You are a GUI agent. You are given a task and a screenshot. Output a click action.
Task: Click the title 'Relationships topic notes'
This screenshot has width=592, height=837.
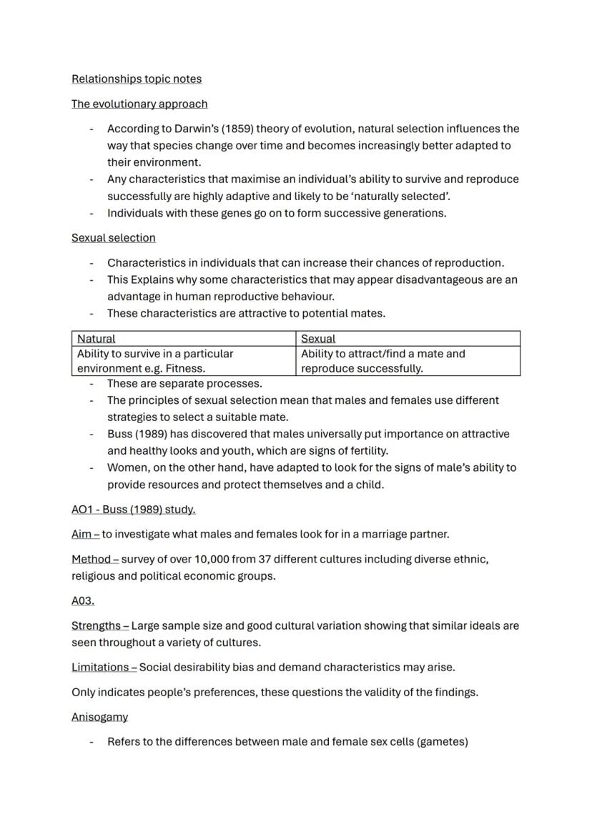click(137, 79)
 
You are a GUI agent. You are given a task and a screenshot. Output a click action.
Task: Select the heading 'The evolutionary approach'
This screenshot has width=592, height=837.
click(139, 104)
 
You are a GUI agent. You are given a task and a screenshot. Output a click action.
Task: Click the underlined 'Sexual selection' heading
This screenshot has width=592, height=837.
click(113, 237)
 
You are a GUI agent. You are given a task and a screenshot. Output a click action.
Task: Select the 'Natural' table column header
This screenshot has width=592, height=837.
click(96, 339)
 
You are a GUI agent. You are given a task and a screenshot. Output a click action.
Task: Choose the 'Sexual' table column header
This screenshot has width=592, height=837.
click(318, 339)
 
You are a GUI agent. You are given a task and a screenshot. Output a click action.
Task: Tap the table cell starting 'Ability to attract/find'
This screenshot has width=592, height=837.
click(383, 361)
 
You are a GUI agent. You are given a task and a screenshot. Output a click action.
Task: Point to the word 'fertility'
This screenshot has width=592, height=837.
click(363, 451)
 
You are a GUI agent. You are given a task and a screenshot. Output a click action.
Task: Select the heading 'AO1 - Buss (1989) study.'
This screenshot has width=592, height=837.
click(133, 510)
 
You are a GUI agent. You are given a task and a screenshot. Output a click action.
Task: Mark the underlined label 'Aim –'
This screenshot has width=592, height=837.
click(85, 534)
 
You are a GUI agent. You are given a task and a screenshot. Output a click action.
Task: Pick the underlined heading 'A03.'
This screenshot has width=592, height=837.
click(83, 601)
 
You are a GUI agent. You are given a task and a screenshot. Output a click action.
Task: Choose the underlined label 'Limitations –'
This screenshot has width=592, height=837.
click(104, 667)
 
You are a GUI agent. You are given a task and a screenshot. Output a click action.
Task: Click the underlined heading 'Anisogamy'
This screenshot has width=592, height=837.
click(99, 717)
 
